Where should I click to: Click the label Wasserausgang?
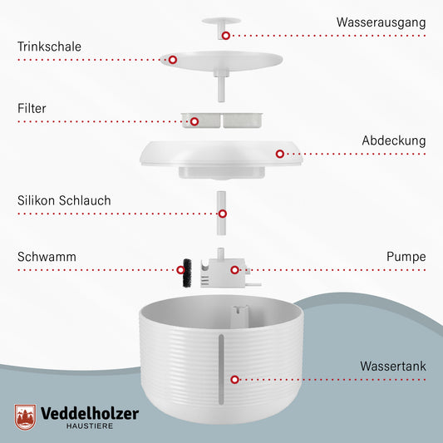[381, 22]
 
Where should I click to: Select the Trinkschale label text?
[49, 47]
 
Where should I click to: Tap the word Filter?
[32, 108]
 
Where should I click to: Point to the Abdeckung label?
[393, 140]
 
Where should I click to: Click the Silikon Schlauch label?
[64, 200]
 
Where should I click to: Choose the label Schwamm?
[47, 257]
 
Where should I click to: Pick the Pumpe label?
[406, 257]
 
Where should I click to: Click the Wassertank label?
[392, 366]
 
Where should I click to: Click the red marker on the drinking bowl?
[173, 60]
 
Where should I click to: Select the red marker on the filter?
[194, 121]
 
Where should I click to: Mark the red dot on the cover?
[280, 154]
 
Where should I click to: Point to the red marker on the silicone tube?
[222, 213]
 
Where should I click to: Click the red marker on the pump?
[235, 269]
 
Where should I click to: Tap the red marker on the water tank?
[235, 379]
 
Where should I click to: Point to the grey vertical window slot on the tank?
[220, 361]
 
